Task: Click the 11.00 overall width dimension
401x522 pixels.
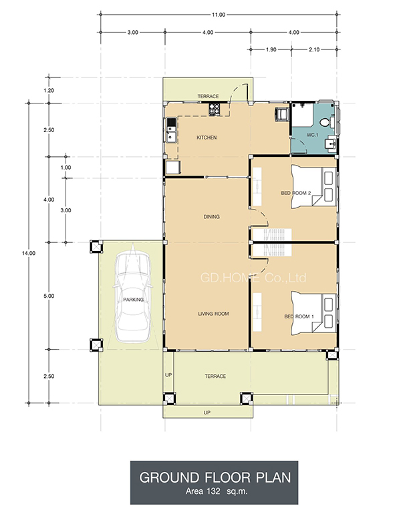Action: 219,15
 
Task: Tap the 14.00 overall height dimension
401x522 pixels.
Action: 29,254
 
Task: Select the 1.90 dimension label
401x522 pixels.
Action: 271,49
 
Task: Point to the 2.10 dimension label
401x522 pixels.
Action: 314,49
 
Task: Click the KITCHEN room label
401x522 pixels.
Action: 207,138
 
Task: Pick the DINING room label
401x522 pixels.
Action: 212,217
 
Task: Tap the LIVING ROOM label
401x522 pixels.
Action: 213,314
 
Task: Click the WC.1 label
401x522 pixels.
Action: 312,135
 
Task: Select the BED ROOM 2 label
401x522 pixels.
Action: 296,193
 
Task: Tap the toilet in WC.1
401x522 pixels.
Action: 325,123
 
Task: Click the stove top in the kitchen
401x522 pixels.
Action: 215,109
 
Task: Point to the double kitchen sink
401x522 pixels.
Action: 171,130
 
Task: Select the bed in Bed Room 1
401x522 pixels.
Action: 313,312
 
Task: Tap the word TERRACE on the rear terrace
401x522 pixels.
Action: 209,97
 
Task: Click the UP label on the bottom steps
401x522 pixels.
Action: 207,413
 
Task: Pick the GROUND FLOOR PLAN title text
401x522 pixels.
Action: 215,478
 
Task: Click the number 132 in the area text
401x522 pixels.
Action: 214,491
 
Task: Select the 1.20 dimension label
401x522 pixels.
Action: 49,91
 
